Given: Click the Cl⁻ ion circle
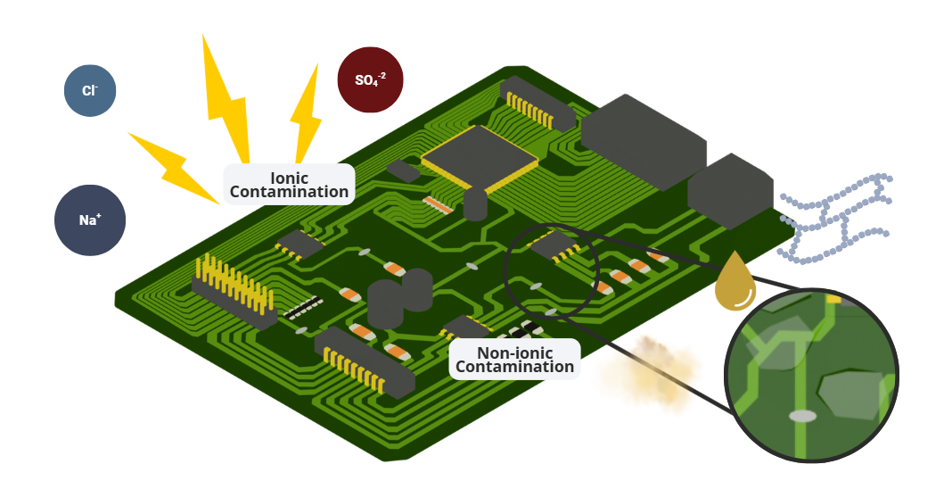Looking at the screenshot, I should coord(90,90).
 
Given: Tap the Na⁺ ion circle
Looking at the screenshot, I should coord(90,219).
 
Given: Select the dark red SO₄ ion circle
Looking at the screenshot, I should coord(370,79).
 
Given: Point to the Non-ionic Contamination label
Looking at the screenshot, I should coord(514,359).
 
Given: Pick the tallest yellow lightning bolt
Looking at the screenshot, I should coord(225,98).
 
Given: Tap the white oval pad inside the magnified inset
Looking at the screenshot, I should coord(802,416).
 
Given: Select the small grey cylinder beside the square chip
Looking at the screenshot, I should coord(475,204).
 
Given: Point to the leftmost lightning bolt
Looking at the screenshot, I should coord(174,166).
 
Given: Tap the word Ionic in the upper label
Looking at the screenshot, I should coord(289,177).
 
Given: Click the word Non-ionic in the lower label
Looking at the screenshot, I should coord(514,352).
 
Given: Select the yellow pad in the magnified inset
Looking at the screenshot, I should coord(833,298).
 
